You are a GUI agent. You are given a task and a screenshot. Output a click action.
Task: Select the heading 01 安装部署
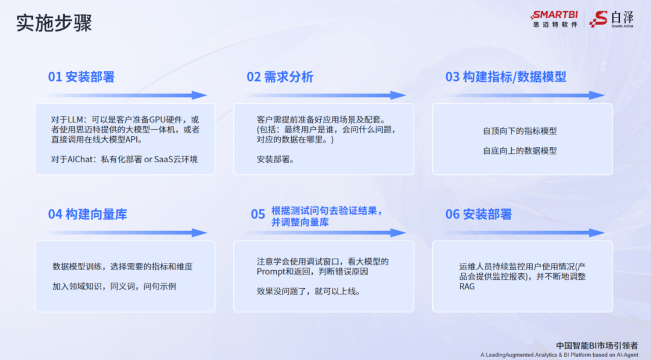[81, 77]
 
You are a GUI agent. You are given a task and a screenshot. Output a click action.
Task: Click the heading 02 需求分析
[280, 77]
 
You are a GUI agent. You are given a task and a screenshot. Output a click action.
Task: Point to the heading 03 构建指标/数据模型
[506, 77]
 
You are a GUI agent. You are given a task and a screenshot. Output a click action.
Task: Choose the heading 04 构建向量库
[87, 214]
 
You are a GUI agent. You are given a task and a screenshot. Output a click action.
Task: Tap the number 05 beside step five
[258, 214]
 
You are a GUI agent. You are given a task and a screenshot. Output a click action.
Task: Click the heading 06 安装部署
[479, 214]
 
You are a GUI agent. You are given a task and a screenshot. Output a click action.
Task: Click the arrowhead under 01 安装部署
[200, 95]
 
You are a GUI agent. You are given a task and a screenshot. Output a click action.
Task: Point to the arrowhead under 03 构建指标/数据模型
[597, 95]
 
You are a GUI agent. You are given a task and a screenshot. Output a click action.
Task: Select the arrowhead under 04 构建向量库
[200, 233]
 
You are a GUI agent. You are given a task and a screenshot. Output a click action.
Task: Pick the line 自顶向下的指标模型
[520, 130]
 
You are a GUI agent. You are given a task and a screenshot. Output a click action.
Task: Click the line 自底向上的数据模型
[520, 151]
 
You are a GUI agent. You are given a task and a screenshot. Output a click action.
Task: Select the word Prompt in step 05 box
[270, 271]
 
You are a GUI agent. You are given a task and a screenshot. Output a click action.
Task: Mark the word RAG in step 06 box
[467, 286]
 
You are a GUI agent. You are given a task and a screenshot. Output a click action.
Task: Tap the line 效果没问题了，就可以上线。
[308, 291]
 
